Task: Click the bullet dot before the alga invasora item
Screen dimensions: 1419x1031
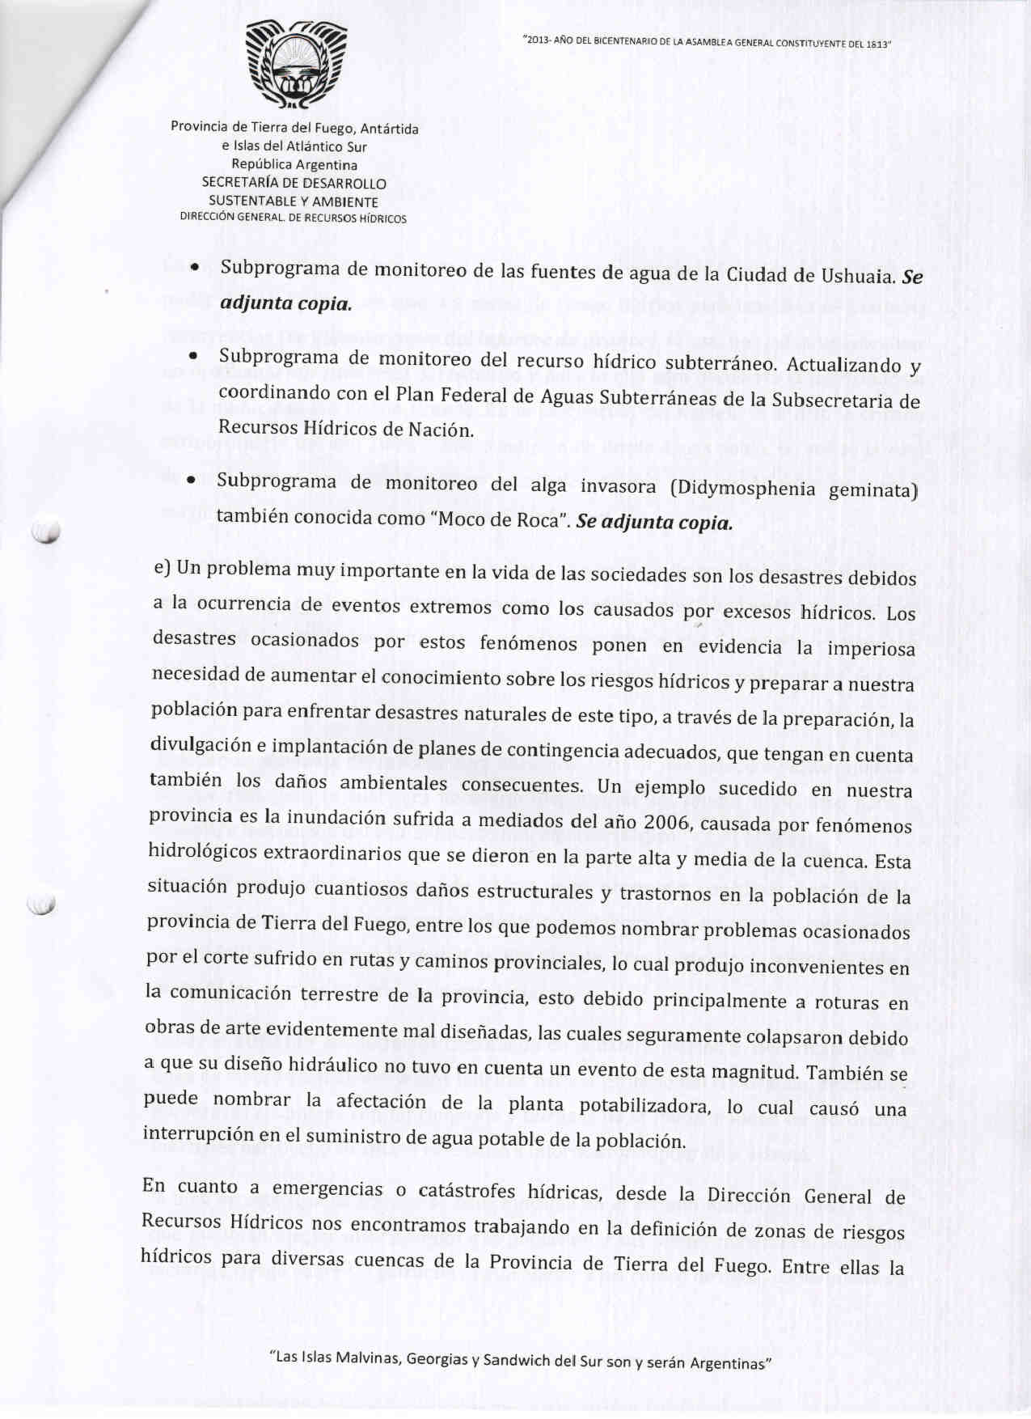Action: click(x=189, y=481)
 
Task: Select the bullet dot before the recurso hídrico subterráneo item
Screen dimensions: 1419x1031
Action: click(x=192, y=357)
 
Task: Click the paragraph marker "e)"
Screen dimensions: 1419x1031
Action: click(x=161, y=567)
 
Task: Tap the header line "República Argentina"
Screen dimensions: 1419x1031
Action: click(x=294, y=164)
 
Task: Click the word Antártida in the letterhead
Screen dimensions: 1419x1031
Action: click(x=389, y=129)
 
